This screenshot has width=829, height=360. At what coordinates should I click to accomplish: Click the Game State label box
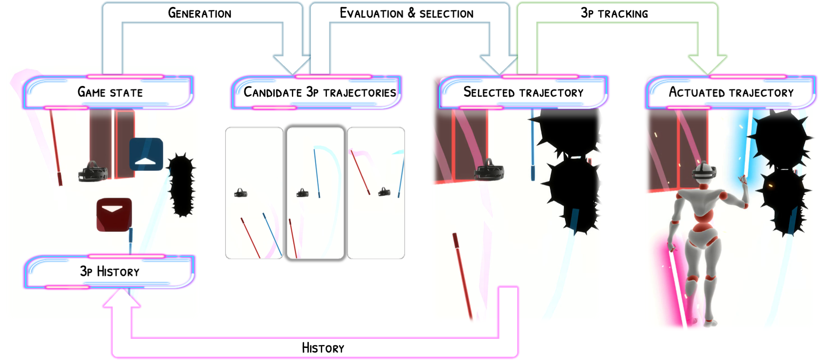[110, 92]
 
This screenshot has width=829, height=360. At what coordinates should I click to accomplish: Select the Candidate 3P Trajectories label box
[319, 92]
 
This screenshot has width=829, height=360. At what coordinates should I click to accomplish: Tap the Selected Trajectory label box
[523, 92]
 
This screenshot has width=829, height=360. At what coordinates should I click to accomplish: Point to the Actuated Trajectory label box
[731, 92]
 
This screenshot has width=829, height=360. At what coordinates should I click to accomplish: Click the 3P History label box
[110, 271]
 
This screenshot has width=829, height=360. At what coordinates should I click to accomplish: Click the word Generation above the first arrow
[199, 13]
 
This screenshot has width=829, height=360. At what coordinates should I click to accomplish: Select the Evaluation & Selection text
[406, 13]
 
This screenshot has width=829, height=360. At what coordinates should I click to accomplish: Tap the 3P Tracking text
[614, 13]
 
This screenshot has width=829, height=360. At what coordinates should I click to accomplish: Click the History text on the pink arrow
[323, 348]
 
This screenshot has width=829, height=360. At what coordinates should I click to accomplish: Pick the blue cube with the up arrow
[146, 154]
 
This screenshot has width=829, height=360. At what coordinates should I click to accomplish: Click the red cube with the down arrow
[114, 215]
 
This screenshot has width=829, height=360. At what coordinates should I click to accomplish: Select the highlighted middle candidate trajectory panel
[315, 193]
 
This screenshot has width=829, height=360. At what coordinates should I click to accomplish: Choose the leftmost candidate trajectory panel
[254, 193]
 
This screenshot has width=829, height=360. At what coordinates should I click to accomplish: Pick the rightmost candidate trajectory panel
[376, 193]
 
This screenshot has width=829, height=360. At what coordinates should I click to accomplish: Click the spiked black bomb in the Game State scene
[182, 185]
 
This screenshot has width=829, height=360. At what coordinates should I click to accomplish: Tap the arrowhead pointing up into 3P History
[122, 299]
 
